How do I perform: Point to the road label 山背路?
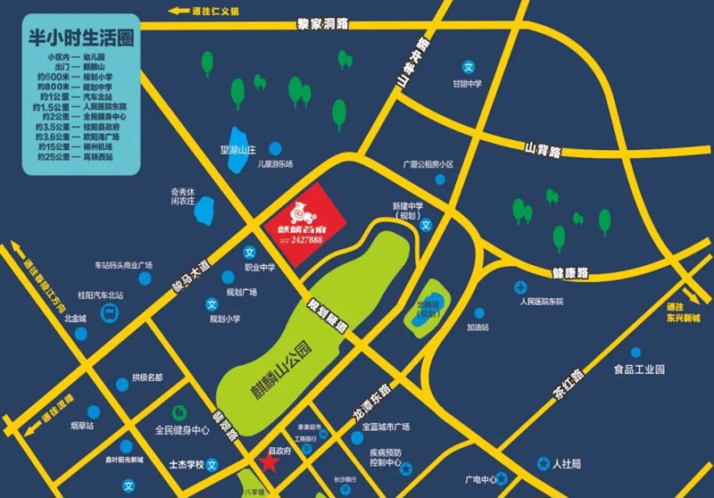click(x=543, y=151)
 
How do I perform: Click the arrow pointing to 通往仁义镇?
click(x=175, y=12)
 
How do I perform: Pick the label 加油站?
click(x=480, y=327)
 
